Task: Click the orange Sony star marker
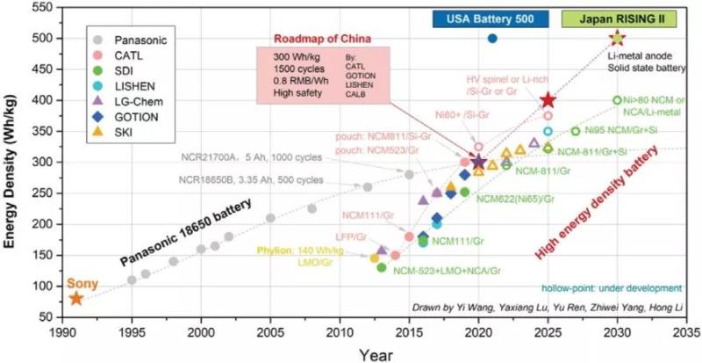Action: point(76,299)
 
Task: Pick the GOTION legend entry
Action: point(135,115)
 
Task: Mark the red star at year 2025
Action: point(548,100)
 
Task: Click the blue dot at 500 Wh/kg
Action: point(492,39)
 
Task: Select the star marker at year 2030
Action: point(617,38)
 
